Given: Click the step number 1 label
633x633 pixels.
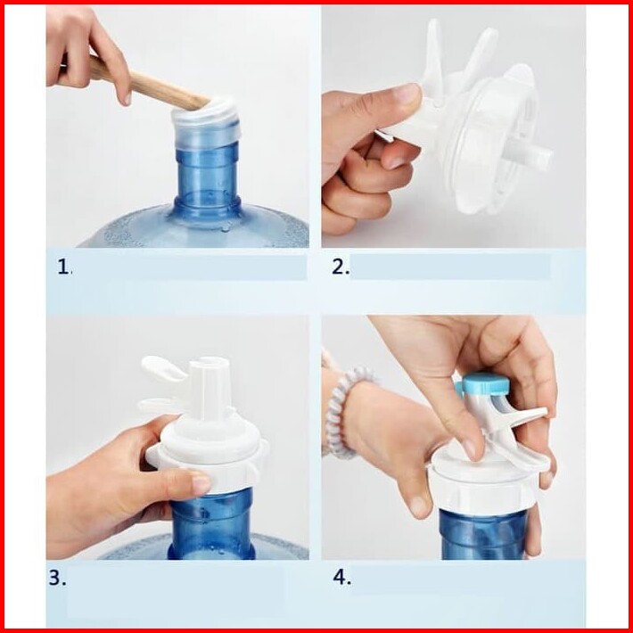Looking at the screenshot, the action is pos(64,267).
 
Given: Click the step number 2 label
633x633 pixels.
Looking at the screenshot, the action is pos(341,267).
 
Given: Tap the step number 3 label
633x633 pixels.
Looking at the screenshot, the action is pos(57,578).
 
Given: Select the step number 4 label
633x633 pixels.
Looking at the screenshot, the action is pos(342,578).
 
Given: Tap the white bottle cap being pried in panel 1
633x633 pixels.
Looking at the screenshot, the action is pos(207,121).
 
